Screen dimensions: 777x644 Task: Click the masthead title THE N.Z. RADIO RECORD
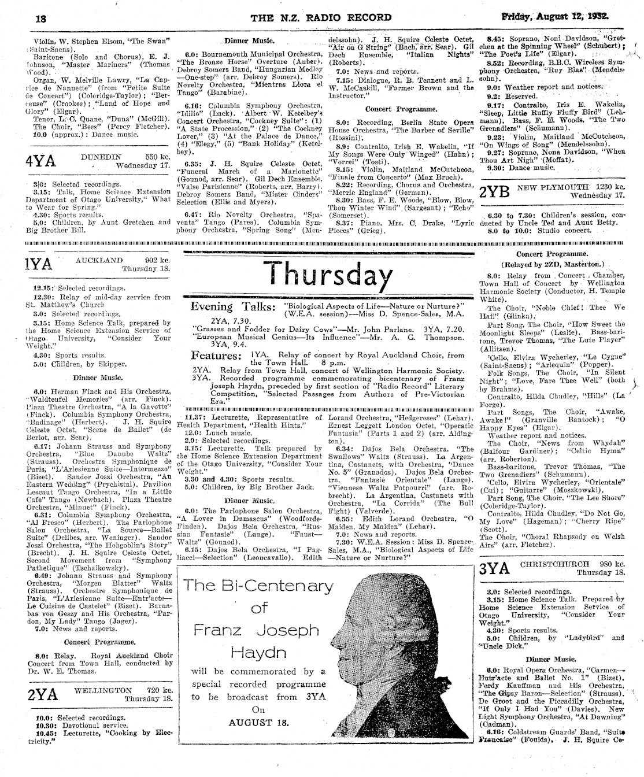click(x=321, y=17)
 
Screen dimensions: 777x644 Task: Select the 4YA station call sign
click(x=40, y=161)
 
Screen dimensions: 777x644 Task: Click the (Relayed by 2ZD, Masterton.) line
click(x=554, y=265)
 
